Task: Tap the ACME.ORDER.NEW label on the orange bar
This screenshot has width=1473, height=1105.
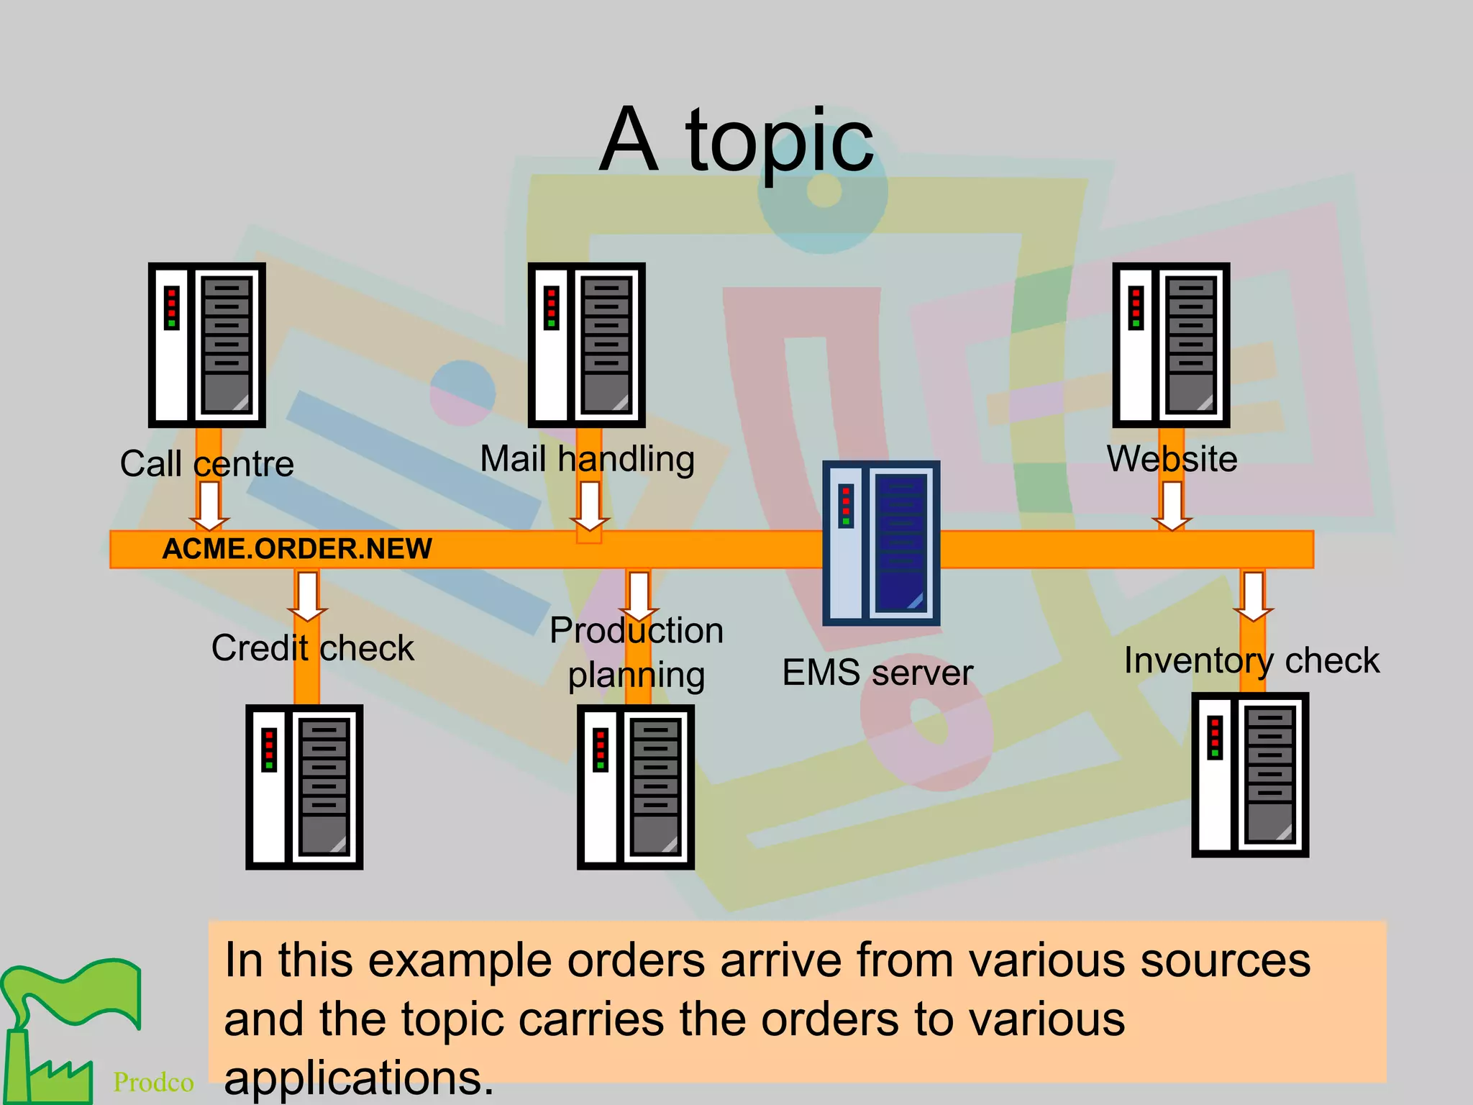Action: tap(297, 549)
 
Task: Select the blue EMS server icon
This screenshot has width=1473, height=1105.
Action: tap(881, 543)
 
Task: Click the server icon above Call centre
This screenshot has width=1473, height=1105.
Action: tap(207, 345)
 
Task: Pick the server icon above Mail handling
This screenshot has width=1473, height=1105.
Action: tap(586, 345)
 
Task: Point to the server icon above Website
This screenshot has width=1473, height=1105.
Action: tap(1171, 345)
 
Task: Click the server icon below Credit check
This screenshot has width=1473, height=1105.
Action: tap(304, 787)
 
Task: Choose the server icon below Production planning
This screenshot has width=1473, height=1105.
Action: tap(636, 787)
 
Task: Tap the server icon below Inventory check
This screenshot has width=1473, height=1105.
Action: tap(1250, 775)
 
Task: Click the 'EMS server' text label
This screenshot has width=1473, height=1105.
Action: tap(877, 673)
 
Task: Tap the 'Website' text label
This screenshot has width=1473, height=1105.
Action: tap(1172, 459)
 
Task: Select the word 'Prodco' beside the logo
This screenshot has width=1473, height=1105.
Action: tap(153, 1082)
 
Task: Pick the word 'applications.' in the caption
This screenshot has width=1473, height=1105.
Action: tap(358, 1078)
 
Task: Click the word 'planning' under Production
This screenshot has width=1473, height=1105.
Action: tap(636, 676)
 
